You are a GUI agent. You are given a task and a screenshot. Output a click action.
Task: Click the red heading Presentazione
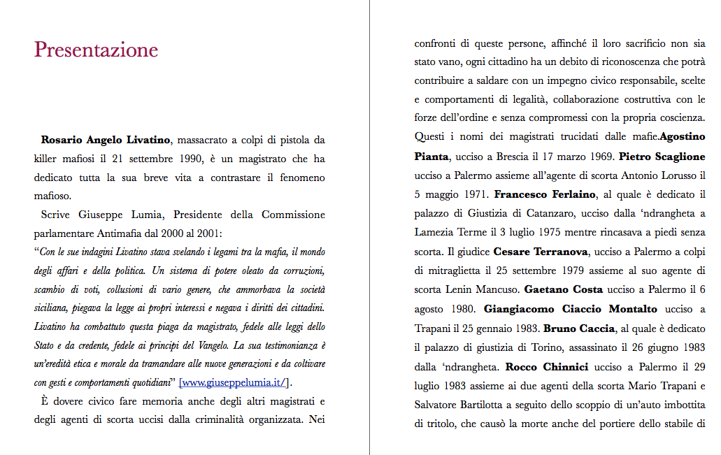96,50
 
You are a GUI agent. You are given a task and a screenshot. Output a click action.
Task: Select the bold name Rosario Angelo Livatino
105,140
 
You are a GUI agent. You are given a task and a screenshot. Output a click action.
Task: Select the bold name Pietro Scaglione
662,156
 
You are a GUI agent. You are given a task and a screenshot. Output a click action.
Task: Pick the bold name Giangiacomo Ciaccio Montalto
571,308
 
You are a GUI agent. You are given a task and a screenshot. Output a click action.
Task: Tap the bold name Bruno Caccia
578,328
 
